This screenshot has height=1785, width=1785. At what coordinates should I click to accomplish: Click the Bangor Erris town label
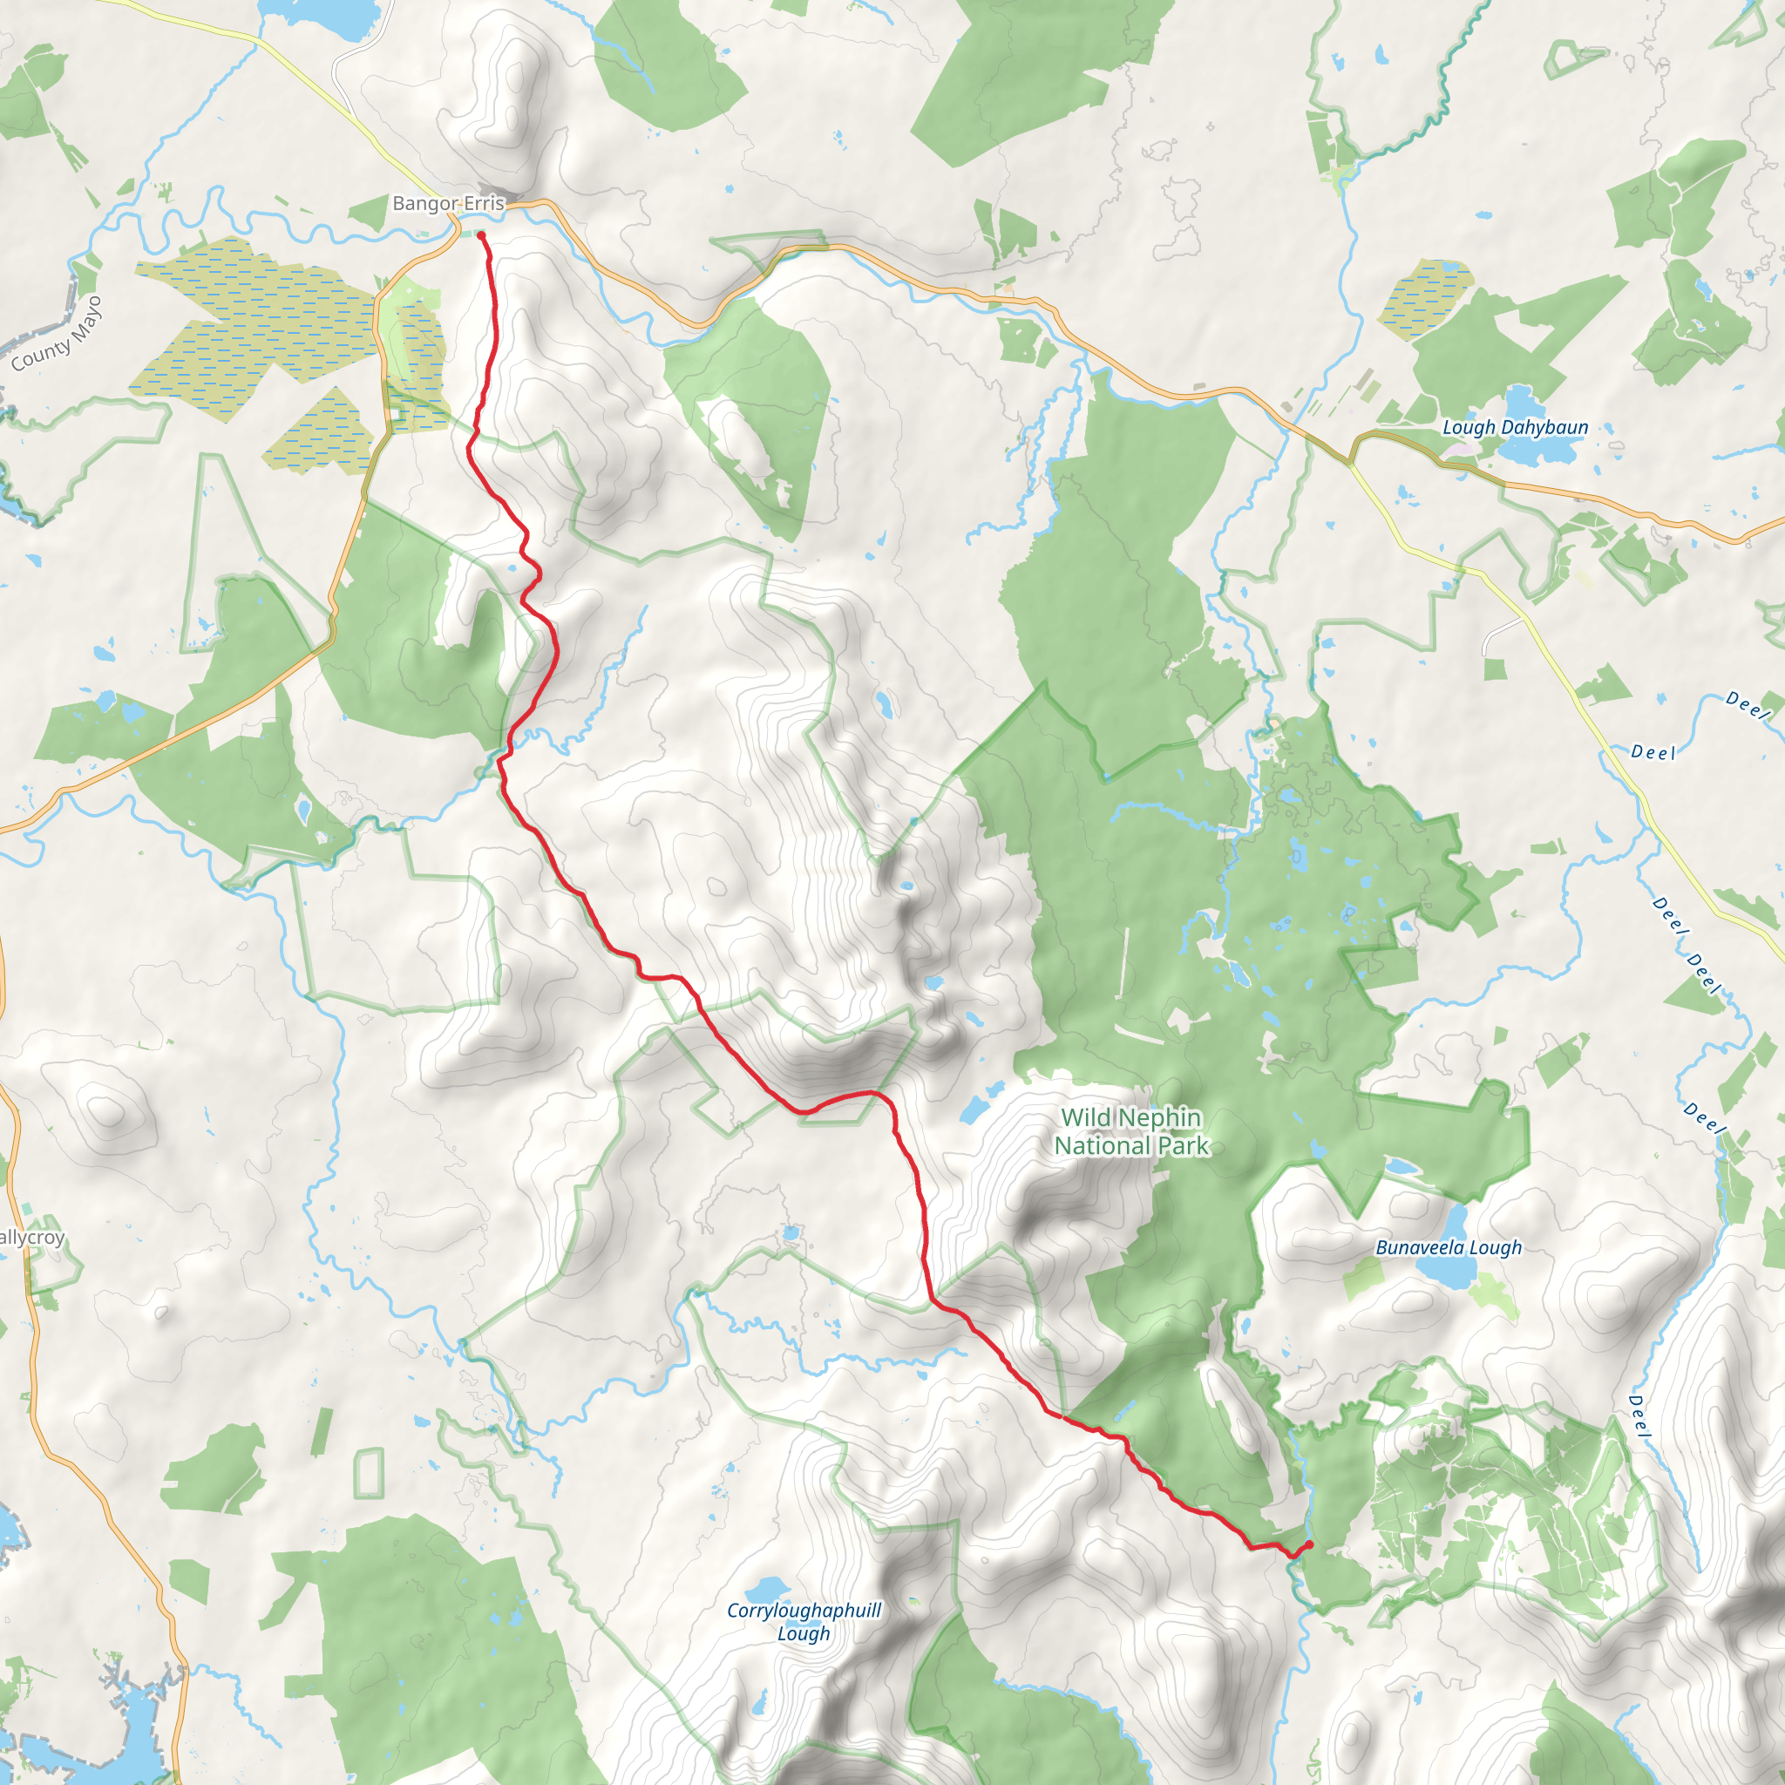tap(448, 203)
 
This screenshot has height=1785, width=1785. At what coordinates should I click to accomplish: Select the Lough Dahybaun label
tap(1515, 428)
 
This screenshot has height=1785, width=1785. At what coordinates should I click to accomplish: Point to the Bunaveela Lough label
tap(1448, 1247)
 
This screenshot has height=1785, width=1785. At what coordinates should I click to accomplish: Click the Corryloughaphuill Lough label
tap(804, 1621)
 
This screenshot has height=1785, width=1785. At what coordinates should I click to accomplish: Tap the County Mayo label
tap(58, 335)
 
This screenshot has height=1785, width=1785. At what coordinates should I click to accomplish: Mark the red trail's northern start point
tap(481, 235)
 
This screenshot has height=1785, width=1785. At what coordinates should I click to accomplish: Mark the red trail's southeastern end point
tap(1309, 1544)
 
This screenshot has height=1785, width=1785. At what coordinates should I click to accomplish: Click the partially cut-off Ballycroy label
tap(31, 1238)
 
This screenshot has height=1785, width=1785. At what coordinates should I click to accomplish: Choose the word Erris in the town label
tap(484, 203)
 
